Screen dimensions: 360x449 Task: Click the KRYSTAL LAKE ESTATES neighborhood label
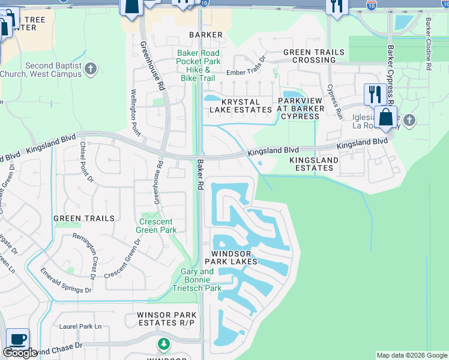pos(241,106)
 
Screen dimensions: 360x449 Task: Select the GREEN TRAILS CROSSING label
pos(314,56)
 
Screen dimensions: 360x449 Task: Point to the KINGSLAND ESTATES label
pos(314,164)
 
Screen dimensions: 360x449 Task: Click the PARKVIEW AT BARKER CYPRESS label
pos(300,109)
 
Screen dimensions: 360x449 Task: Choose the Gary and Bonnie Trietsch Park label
pos(201,280)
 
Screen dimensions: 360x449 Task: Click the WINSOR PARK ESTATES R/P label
pos(167,319)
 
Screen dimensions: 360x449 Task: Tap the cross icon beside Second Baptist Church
pos(91,70)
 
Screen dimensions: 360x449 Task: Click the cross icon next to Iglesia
pos(409,121)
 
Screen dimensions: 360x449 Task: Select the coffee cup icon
pos(17,339)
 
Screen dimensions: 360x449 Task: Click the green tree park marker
pos(163,344)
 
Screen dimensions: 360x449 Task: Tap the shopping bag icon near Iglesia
pos(385,117)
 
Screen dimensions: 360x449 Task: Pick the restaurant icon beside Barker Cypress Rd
pos(375,94)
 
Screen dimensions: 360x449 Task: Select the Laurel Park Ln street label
pos(80,327)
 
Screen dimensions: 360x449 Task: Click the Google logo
pos(20,353)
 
